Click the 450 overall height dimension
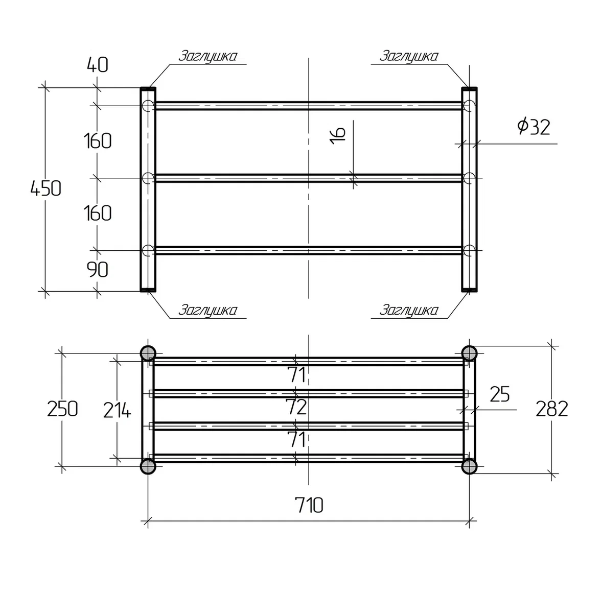[46, 188]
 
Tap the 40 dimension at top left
[98, 65]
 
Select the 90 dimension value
[98, 270]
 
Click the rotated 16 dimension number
[338, 136]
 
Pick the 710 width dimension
[309, 505]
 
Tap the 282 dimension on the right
[552, 409]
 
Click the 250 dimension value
[62, 409]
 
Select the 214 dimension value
[117, 411]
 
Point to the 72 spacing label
[296, 407]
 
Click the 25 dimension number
[500, 394]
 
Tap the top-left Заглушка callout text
[207, 56]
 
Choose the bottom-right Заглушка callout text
[408, 311]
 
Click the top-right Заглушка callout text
[408, 56]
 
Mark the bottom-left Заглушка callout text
[207, 311]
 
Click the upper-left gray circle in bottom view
[148, 353]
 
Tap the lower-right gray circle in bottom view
[469, 466]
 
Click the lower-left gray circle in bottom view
[148, 466]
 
